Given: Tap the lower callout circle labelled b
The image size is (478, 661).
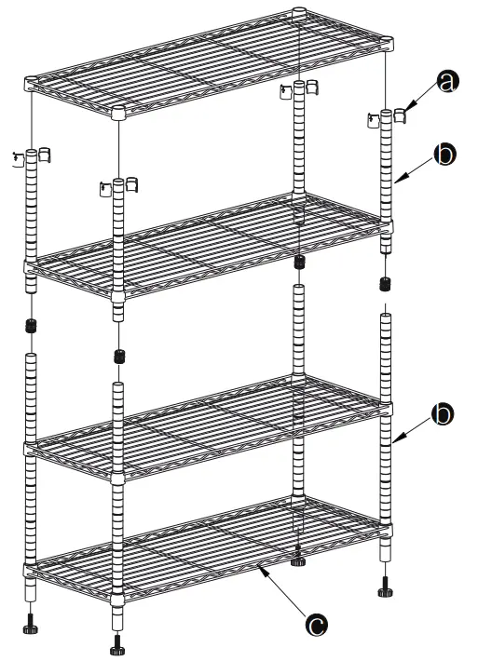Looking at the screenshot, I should pos(445,414).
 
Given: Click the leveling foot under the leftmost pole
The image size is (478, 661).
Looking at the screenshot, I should pos(31,622).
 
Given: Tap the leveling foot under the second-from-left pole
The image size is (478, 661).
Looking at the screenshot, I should pos(117,642).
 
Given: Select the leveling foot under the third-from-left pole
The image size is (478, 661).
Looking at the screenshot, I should pos(297,560).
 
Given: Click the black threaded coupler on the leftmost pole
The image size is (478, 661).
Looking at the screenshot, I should pos(31,328).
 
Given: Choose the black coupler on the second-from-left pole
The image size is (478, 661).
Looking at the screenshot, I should pos(118,356).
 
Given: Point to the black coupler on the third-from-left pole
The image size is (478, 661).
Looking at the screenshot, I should pos(298,263).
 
